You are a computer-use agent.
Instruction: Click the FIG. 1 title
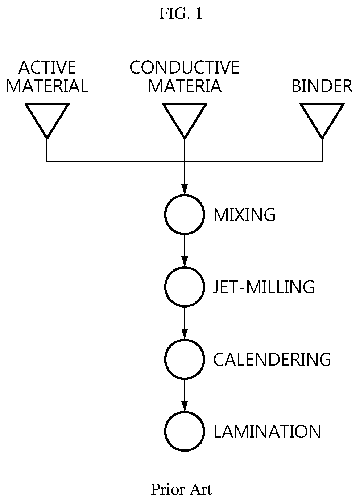[x=181, y=14]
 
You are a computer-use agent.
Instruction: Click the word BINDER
[x=322, y=86]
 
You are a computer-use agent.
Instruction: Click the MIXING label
[x=244, y=215]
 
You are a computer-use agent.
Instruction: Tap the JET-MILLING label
[x=264, y=287]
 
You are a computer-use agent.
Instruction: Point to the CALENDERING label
[x=272, y=359]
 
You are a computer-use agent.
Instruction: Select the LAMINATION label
[x=267, y=432]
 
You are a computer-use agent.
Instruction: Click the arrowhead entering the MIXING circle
[x=185, y=189]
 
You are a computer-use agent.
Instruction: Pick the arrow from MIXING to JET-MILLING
[x=185, y=251]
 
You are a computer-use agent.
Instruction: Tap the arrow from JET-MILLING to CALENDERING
[x=185, y=323]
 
